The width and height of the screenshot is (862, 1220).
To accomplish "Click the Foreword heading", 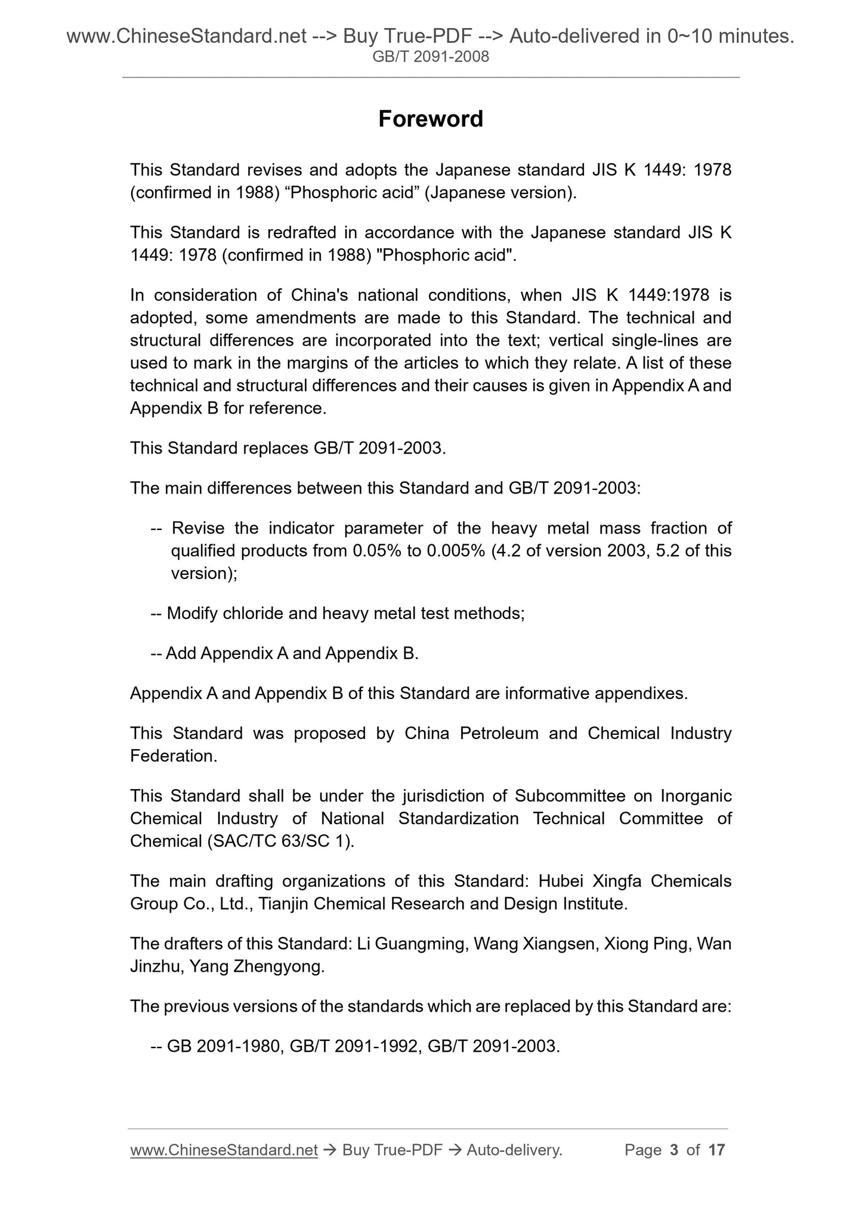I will coord(430,119).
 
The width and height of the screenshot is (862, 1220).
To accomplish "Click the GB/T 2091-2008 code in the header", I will coord(430,57).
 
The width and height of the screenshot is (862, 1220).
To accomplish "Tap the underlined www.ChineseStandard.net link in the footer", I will coord(223,1150).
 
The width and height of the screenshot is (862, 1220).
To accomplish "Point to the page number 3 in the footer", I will coord(674,1150).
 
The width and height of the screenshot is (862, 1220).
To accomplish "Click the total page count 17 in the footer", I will coord(716,1150).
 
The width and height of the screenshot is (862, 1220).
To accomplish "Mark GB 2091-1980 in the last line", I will coord(224,1046).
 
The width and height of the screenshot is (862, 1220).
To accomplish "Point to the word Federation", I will coord(173,756).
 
